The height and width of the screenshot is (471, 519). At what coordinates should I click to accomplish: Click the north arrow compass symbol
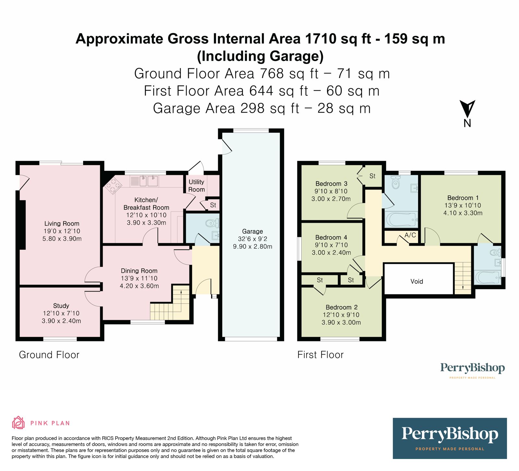click(467, 109)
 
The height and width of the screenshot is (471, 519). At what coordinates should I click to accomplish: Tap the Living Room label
click(62, 224)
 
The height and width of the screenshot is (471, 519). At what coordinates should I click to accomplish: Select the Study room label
click(61, 306)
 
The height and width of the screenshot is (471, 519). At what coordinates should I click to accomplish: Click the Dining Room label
click(139, 271)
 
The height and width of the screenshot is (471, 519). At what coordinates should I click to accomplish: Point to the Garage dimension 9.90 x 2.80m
click(253, 247)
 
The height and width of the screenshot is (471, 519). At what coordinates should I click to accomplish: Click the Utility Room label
click(197, 186)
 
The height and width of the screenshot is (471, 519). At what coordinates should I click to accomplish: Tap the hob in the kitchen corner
click(113, 186)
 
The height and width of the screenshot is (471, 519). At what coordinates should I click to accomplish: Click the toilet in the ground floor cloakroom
click(212, 223)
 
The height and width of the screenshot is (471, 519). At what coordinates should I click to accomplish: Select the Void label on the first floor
click(417, 281)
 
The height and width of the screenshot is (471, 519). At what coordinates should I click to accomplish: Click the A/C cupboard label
click(410, 235)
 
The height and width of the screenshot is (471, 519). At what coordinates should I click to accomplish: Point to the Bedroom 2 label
click(342, 307)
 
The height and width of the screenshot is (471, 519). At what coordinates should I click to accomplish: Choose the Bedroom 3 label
click(331, 184)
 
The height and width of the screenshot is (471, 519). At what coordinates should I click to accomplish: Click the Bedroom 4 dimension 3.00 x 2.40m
click(331, 253)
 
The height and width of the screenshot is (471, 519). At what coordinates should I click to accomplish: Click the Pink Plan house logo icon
click(18, 423)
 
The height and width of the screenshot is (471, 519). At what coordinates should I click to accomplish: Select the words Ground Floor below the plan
click(49, 355)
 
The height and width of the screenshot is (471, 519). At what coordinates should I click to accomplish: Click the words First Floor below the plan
click(320, 355)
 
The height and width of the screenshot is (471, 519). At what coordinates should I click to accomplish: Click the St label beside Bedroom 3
click(372, 176)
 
